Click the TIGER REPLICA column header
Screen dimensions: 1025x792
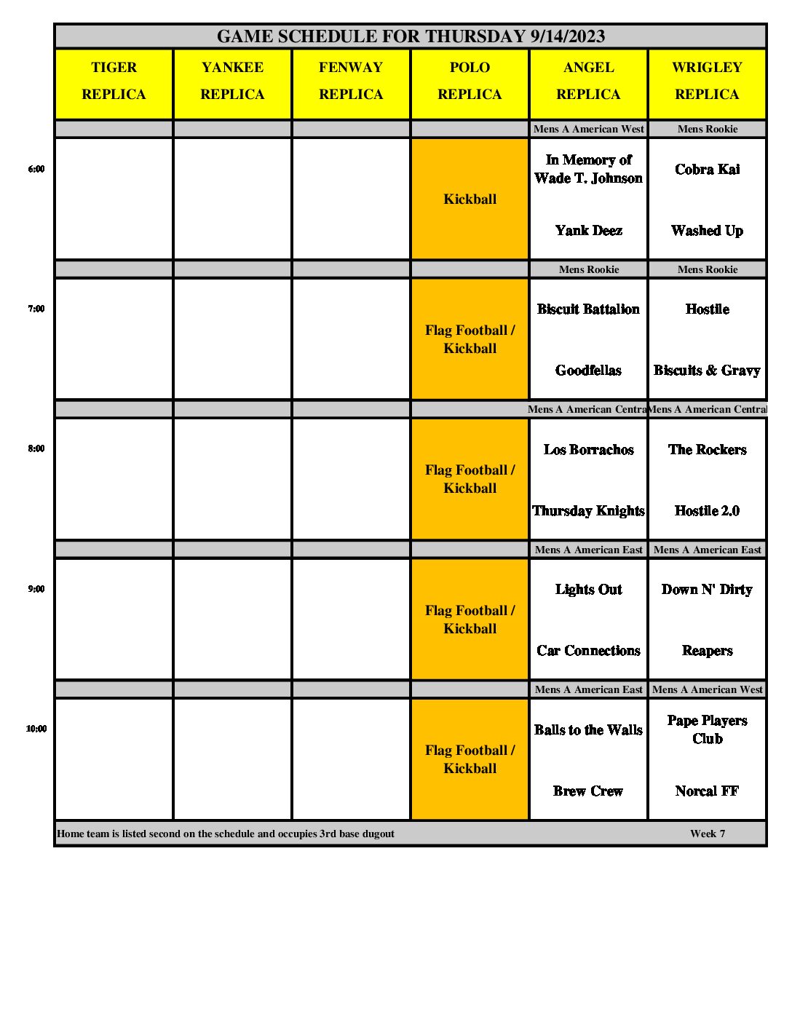[x=114, y=81]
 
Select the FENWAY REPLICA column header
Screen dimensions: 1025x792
[x=351, y=81]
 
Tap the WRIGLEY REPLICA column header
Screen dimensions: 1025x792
[x=707, y=81]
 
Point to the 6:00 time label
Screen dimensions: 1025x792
[x=36, y=169]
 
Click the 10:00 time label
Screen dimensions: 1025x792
[x=36, y=729]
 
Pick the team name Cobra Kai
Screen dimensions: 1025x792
[x=707, y=170]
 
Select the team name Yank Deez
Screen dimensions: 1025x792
[x=588, y=231]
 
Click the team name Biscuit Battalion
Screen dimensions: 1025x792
[x=588, y=309]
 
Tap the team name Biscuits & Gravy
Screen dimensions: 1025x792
[x=707, y=371]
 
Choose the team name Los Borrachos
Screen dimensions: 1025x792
[x=588, y=450]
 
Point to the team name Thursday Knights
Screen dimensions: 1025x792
[x=588, y=511]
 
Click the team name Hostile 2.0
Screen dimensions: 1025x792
[x=707, y=511]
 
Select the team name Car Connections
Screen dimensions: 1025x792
[x=588, y=651]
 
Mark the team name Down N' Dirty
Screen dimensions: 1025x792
[x=707, y=590]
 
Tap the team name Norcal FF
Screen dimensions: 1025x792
[x=707, y=791]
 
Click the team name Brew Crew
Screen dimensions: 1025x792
[x=588, y=791]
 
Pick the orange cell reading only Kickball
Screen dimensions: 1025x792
[x=470, y=199]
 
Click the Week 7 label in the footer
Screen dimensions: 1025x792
[x=708, y=834]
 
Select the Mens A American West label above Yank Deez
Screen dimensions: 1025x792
[x=588, y=129]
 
